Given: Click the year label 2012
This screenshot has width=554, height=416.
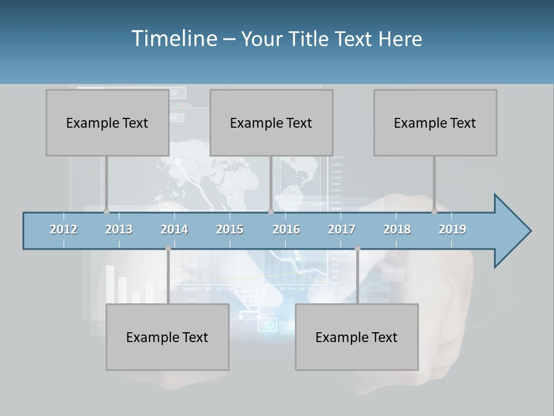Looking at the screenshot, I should [x=63, y=229].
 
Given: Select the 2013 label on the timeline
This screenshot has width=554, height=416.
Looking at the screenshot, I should [x=119, y=229].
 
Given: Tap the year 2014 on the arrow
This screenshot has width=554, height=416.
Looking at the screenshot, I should [x=174, y=229].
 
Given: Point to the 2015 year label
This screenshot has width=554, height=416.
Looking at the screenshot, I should [x=230, y=229].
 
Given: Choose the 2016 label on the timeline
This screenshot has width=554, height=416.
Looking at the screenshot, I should [x=286, y=229].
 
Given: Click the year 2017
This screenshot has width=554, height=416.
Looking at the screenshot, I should [x=342, y=229].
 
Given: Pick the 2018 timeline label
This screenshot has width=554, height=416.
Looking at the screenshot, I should [x=397, y=229].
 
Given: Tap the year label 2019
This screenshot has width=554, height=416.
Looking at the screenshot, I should [x=452, y=229].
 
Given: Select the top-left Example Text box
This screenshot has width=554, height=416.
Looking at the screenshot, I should [x=107, y=122].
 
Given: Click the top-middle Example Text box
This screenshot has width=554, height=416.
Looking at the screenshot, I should [x=271, y=122].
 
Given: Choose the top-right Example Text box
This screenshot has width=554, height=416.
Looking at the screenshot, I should [x=435, y=122].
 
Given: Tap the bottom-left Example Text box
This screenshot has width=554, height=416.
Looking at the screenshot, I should [x=167, y=337].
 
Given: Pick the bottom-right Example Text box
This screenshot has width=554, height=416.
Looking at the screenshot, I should [x=357, y=337].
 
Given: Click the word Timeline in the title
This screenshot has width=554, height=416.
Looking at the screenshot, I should [x=174, y=38].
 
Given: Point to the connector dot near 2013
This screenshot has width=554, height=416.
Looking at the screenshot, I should [x=106, y=211].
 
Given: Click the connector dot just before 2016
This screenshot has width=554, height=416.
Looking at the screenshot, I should [x=271, y=211].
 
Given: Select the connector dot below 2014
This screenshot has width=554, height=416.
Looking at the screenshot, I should [x=168, y=248].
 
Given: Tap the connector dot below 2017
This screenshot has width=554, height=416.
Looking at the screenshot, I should [x=357, y=248].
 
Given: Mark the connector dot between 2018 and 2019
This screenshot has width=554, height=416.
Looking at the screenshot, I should [x=434, y=211].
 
